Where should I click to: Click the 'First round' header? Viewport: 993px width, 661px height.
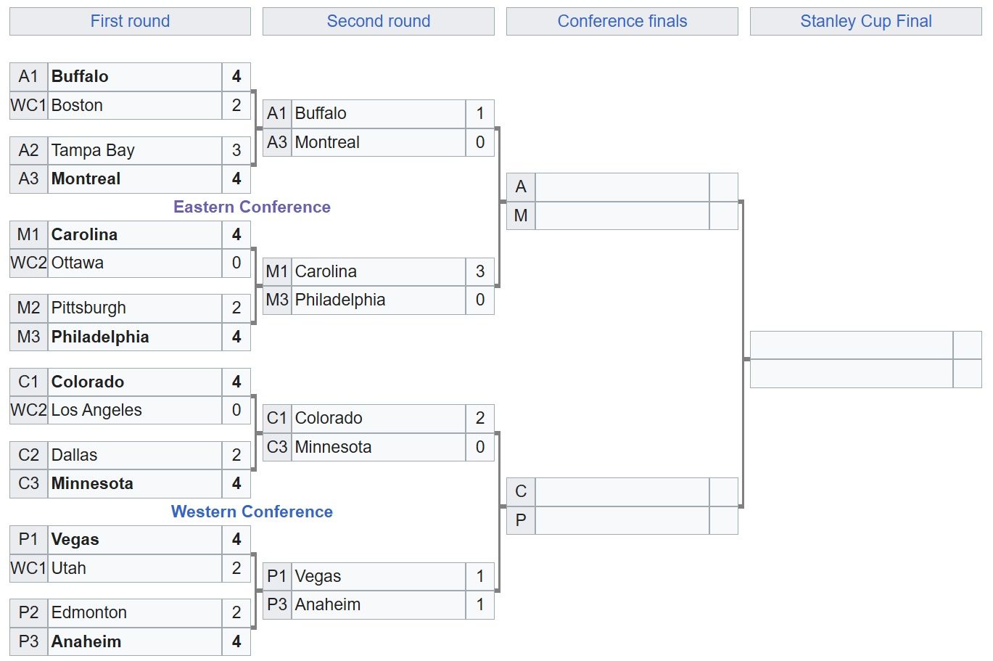click(130, 21)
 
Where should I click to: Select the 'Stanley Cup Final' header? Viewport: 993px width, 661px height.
click(866, 21)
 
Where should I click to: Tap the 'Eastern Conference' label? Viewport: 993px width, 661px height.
click(252, 207)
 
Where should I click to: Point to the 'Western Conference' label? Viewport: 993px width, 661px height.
click(252, 511)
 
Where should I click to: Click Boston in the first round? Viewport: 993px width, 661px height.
click(77, 105)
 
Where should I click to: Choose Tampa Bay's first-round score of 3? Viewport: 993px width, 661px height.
click(236, 150)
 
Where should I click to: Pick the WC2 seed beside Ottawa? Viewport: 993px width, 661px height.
click(28, 263)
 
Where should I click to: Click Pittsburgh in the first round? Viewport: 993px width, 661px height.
click(88, 308)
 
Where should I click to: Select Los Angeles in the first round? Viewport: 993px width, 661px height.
click(96, 410)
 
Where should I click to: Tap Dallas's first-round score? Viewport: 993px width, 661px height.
click(236, 455)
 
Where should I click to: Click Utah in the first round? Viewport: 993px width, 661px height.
click(69, 568)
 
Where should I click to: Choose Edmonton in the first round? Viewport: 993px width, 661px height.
click(89, 612)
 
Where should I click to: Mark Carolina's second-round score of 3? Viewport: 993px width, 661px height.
click(480, 271)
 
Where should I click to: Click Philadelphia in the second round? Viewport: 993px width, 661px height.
click(340, 300)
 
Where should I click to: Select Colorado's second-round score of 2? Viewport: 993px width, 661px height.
click(480, 418)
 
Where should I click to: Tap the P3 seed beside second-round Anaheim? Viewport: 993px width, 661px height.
click(277, 604)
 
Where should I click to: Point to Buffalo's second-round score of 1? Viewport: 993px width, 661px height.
click(480, 113)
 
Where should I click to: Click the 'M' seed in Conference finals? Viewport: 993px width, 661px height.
click(521, 215)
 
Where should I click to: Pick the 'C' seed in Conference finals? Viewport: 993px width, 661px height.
click(521, 491)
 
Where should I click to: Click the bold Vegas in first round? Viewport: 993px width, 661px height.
click(75, 539)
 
